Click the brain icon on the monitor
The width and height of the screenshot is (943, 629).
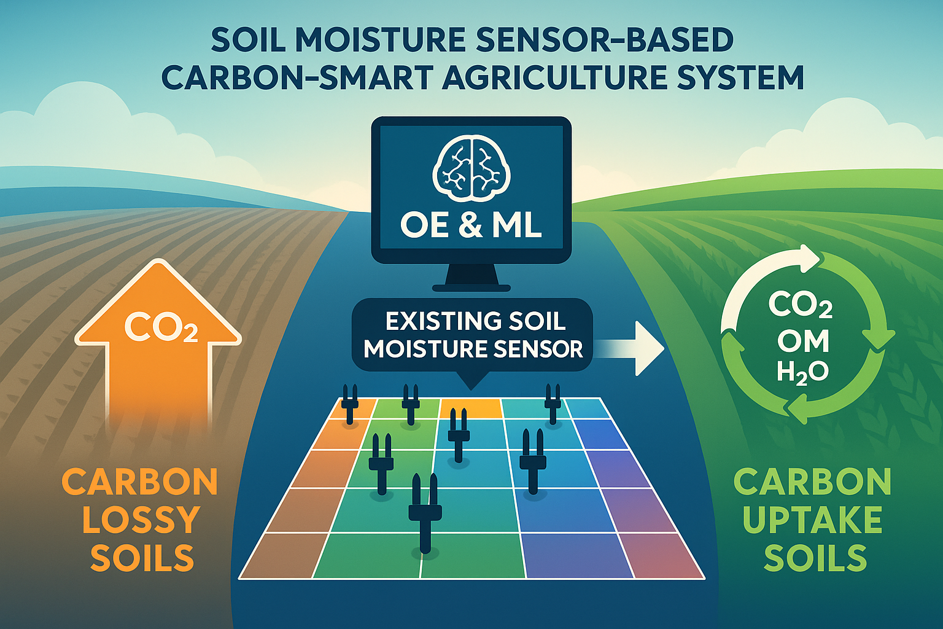[471, 171]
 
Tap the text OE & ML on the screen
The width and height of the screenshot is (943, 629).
[471, 227]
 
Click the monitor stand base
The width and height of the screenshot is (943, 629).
[471, 288]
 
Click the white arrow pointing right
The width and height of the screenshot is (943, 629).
[632, 348]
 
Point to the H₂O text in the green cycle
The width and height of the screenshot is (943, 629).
[802, 373]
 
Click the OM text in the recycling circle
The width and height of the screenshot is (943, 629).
[803, 340]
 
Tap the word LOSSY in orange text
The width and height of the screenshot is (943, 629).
[141, 520]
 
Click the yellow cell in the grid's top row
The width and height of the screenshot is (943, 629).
[471, 408]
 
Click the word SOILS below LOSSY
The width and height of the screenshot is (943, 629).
[142, 557]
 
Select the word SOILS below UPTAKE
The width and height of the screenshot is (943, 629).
[815, 557]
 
